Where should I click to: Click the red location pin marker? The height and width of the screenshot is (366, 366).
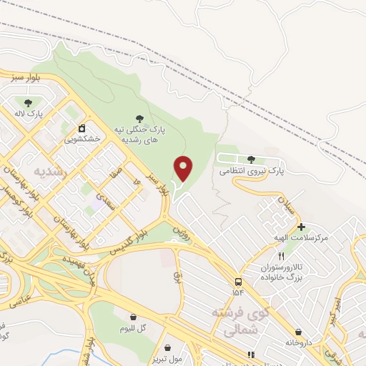[184, 168]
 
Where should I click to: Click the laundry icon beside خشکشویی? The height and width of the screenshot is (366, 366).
[81, 128]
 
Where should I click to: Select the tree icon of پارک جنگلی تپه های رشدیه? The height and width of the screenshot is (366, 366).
[139, 119]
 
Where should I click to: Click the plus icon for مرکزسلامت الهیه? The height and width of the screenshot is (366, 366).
[282, 227]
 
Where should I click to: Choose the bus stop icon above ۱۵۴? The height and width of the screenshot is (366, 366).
[237, 281]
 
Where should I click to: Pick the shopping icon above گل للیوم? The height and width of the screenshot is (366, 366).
[134, 317]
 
